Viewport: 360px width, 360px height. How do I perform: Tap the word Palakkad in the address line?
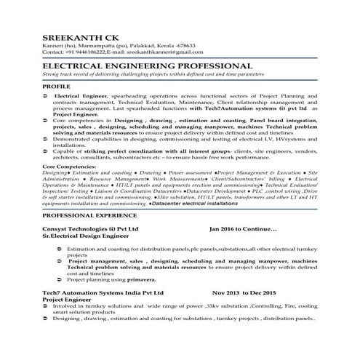pyautogui.click(x=137, y=46)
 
